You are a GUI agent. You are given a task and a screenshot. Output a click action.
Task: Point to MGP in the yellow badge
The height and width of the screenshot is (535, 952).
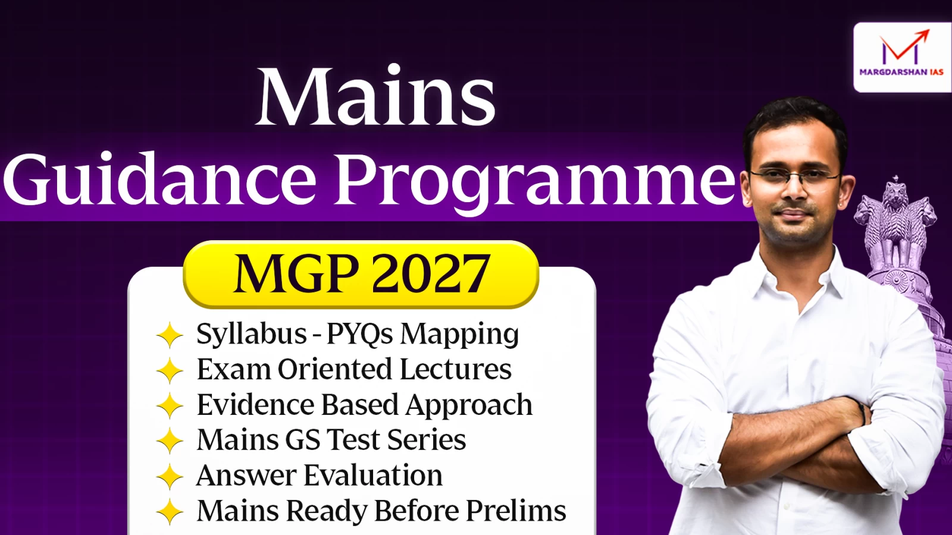tap(295, 273)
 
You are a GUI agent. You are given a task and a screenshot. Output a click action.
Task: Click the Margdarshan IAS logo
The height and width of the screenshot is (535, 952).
tap(902, 57)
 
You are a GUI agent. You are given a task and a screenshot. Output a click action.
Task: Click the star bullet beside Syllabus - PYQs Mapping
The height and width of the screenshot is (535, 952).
tap(170, 335)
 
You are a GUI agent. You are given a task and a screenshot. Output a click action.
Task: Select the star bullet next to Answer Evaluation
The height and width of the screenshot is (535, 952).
tap(170, 476)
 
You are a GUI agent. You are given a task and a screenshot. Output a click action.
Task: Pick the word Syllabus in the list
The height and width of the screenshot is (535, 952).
tap(252, 333)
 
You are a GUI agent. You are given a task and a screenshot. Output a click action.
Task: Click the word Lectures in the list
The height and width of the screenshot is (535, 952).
tap(455, 369)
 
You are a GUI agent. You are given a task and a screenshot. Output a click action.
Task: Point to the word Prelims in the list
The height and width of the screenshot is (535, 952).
tap(516, 510)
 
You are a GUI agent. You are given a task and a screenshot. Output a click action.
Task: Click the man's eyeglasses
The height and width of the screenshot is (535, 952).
tap(794, 176)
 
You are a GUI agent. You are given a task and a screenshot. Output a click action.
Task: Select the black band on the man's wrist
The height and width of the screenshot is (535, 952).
tap(863, 411)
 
